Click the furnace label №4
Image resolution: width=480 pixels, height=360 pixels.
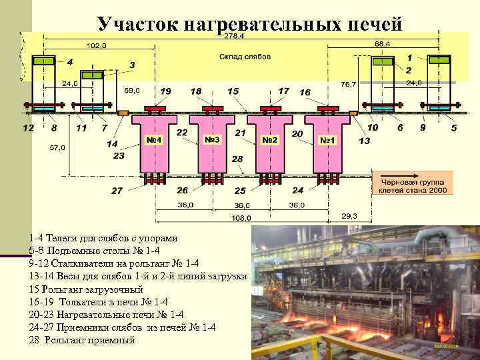point(155,140)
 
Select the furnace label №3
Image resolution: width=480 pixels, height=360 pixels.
point(213,140)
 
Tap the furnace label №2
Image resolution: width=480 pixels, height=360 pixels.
point(270,140)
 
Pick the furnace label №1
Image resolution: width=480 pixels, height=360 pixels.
point(328,140)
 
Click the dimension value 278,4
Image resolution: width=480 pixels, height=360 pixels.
point(233,36)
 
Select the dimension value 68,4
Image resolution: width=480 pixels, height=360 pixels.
point(382,43)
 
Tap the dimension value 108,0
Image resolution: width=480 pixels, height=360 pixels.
point(241,217)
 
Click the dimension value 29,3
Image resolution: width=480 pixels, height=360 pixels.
point(350,216)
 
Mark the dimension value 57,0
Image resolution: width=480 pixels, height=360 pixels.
point(57,148)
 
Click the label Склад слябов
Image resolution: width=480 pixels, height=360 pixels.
point(245,57)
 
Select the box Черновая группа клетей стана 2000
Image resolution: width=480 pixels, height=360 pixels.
point(413,186)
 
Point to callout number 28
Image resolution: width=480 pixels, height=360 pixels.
point(237,159)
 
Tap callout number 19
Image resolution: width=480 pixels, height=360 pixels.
point(165,91)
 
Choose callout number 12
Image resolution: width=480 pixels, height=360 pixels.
point(27,127)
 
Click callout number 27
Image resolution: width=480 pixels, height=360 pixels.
point(117,191)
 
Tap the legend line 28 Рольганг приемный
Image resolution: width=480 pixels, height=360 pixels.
point(82,340)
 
